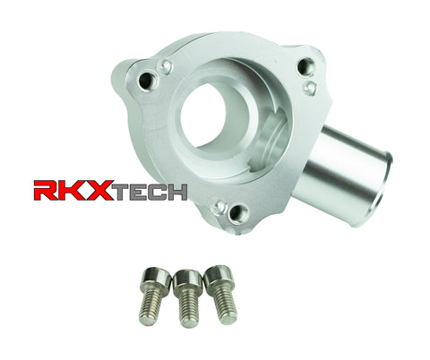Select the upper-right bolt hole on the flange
tap(305, 65)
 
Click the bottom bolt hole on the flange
tap(238, 213)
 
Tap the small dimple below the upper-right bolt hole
tap(309, 87)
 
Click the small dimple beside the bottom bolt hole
tap(218, 205)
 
